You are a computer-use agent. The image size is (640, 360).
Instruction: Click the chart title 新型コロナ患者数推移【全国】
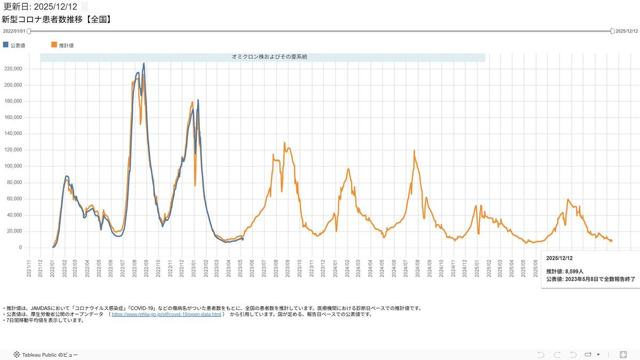56,20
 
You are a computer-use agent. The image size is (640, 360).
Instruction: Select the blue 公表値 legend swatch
6,45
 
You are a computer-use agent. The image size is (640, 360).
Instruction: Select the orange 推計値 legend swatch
54,45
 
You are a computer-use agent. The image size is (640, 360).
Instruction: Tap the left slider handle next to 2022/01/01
29,31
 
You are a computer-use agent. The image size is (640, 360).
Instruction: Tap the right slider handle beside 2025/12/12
612,31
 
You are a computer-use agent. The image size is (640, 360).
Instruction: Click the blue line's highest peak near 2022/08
143,63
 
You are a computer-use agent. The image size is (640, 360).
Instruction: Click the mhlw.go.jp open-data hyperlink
166,315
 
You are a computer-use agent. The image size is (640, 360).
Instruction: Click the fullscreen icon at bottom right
623,354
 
